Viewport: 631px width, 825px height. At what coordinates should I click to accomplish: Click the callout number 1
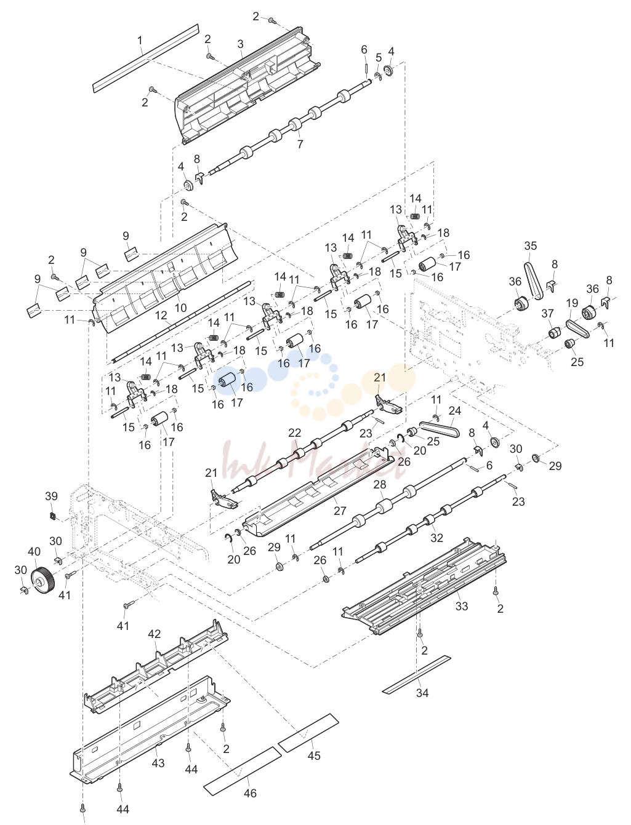coord(140,40)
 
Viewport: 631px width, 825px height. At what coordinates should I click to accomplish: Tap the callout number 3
coord(240,44)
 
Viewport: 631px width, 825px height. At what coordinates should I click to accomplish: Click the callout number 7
coord(300,144)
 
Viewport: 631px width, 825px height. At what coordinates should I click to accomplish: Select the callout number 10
coord(181,307)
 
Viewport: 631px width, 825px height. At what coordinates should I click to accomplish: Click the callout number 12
coord(161,315)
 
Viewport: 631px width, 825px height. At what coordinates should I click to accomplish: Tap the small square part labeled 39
coord(53,516)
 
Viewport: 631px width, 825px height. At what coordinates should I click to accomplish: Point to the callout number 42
coord(154,634)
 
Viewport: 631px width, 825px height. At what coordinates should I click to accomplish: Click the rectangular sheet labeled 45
coord(308,733)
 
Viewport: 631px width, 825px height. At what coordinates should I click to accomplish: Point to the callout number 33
coord(462,606)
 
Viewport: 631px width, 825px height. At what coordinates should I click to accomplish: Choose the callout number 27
coord(340,511)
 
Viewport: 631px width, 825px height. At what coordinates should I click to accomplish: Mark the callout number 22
coord(294,433)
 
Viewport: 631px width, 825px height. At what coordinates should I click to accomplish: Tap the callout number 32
coord(436,538)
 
